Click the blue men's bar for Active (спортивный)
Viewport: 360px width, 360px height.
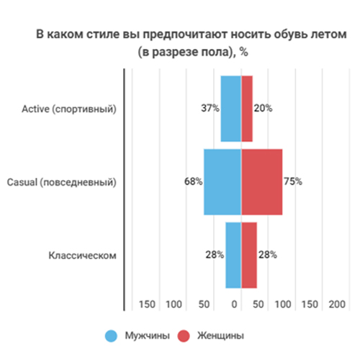point(230,108)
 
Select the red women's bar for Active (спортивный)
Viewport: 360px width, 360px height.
point(247,108)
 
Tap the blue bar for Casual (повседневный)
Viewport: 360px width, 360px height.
point(222,181)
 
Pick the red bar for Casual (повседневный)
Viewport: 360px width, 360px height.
point(261,181)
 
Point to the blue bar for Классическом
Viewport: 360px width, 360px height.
point(233,255)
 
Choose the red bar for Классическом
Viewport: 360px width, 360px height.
point(249,255)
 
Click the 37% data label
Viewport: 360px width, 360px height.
point(210,109)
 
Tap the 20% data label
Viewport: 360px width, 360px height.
point(263,109)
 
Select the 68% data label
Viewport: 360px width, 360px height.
point(193,182)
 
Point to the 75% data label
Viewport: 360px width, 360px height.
point(292,182)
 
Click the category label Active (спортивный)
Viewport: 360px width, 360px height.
point(69,109)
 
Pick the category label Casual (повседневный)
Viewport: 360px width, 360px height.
point(65,182)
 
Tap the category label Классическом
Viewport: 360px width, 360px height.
point(82,256)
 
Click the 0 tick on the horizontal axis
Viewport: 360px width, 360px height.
point(235,305)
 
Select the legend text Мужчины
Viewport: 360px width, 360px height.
point(148,336)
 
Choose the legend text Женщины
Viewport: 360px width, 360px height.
point(220,336)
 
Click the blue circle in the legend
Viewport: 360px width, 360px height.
point(112,336)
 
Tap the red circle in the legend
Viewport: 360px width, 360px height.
point(184,336)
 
